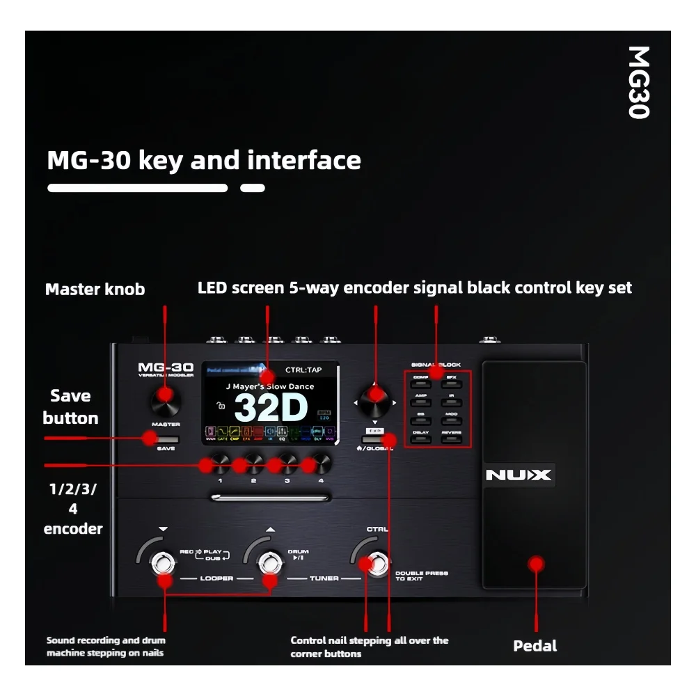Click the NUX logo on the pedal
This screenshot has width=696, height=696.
tap(518, 475)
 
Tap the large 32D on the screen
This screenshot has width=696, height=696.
tap(271, 409)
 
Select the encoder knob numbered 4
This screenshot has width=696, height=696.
tap(320, 462)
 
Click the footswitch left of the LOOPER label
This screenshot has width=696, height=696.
tap(164, 563)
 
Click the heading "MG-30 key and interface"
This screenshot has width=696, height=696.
tap(204, 160)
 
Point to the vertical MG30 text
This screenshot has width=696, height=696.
tap(638, 82)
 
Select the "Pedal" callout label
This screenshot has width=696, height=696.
tap(535, 646)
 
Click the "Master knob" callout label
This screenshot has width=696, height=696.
tap(95, 289)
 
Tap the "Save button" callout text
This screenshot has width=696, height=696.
tap(70, 406)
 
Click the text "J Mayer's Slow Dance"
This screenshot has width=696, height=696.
tap(269, 386)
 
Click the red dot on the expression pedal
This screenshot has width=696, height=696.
tap(535, 563)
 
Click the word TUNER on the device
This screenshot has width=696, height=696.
tap(324, 578)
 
